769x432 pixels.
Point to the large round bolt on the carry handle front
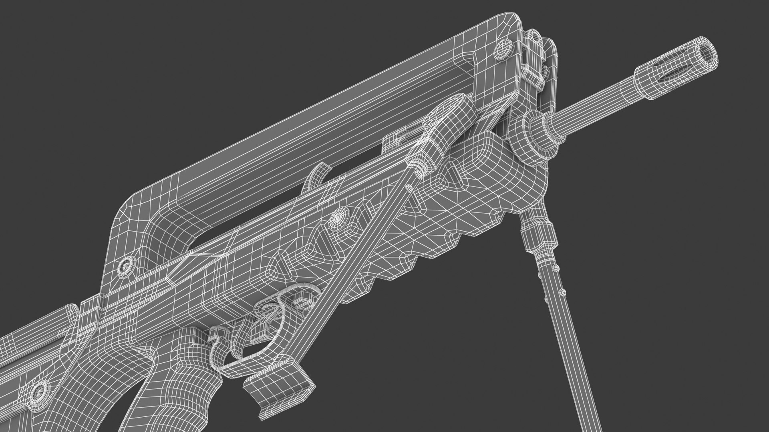coord(503,50)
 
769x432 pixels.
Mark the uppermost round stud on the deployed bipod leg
coord(556,267)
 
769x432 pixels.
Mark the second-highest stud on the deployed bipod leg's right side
coord(562,292)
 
